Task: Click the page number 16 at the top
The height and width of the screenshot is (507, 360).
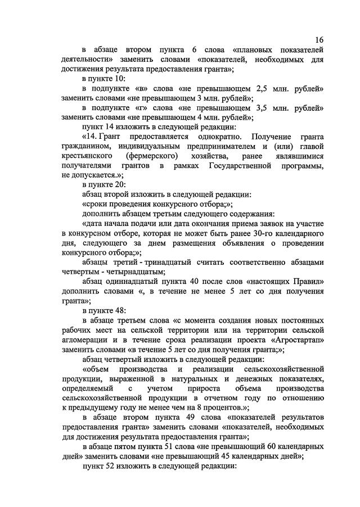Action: (x=319, y=40)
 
